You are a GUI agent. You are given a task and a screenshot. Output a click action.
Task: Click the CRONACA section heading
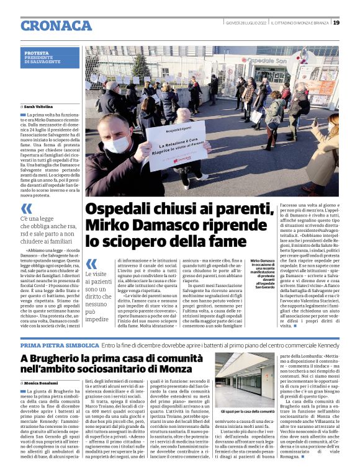pos(56,25)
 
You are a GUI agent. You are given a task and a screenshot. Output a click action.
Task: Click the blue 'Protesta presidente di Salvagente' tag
pos(51,58)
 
